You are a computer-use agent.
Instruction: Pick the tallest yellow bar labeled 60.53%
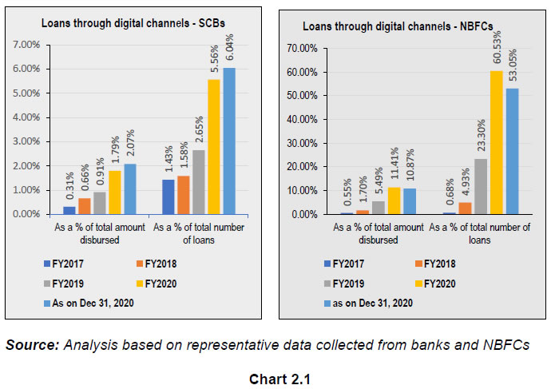496,143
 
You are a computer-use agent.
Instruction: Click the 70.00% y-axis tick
303,49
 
